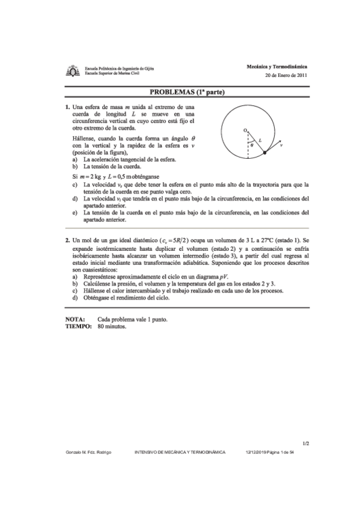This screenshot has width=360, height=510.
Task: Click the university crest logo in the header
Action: coord(73,72)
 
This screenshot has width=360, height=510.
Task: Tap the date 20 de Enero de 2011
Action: coord(286,75)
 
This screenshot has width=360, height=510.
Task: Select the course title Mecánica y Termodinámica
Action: coord(277,66)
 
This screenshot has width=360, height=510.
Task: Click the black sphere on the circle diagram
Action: coord(265,154)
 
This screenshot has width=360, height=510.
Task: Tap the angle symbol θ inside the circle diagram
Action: coord(252,145)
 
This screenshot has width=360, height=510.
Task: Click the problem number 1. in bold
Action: coord(67,106)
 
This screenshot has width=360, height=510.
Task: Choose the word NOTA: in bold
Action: coord(75,319)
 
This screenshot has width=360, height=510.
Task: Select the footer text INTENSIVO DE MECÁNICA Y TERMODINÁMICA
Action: coord(179,452)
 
